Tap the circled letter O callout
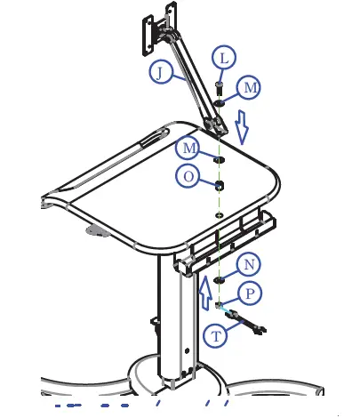tap(188, 177)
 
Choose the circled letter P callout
tap(251, 292)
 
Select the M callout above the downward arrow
tap(252, 87)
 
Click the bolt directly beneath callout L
tap(219, 89)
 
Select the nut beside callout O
tap(219, 185)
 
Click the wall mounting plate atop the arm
tap(145, 32)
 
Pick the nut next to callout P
tap(220, 305)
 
